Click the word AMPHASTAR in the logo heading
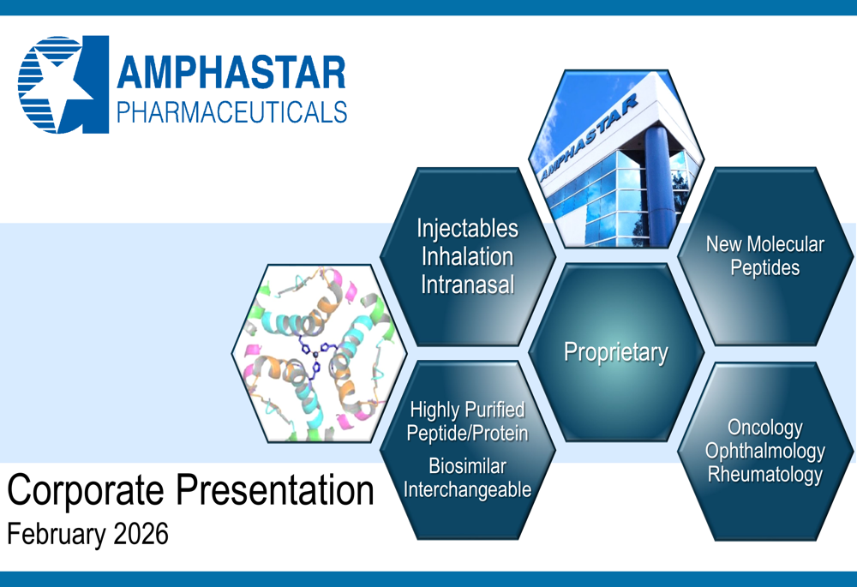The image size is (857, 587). (231, 73)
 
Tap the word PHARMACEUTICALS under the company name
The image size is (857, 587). (231, 112)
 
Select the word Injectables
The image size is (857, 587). (467, 229)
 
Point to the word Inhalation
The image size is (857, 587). (467, 256)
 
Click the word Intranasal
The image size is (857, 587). (467, 285)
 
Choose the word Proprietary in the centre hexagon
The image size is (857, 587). (616, 352)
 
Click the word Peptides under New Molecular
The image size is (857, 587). (765, 268)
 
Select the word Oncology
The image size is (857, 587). (765, 428)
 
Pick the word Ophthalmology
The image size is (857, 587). (765, 452)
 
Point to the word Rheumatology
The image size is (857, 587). (765, 475)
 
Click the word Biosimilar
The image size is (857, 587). (467, 466)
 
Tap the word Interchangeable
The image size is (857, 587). (467, 489)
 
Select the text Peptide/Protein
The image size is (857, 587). (467, 434)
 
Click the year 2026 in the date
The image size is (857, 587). (141, 534)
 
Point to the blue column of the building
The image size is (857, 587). (658, 186)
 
